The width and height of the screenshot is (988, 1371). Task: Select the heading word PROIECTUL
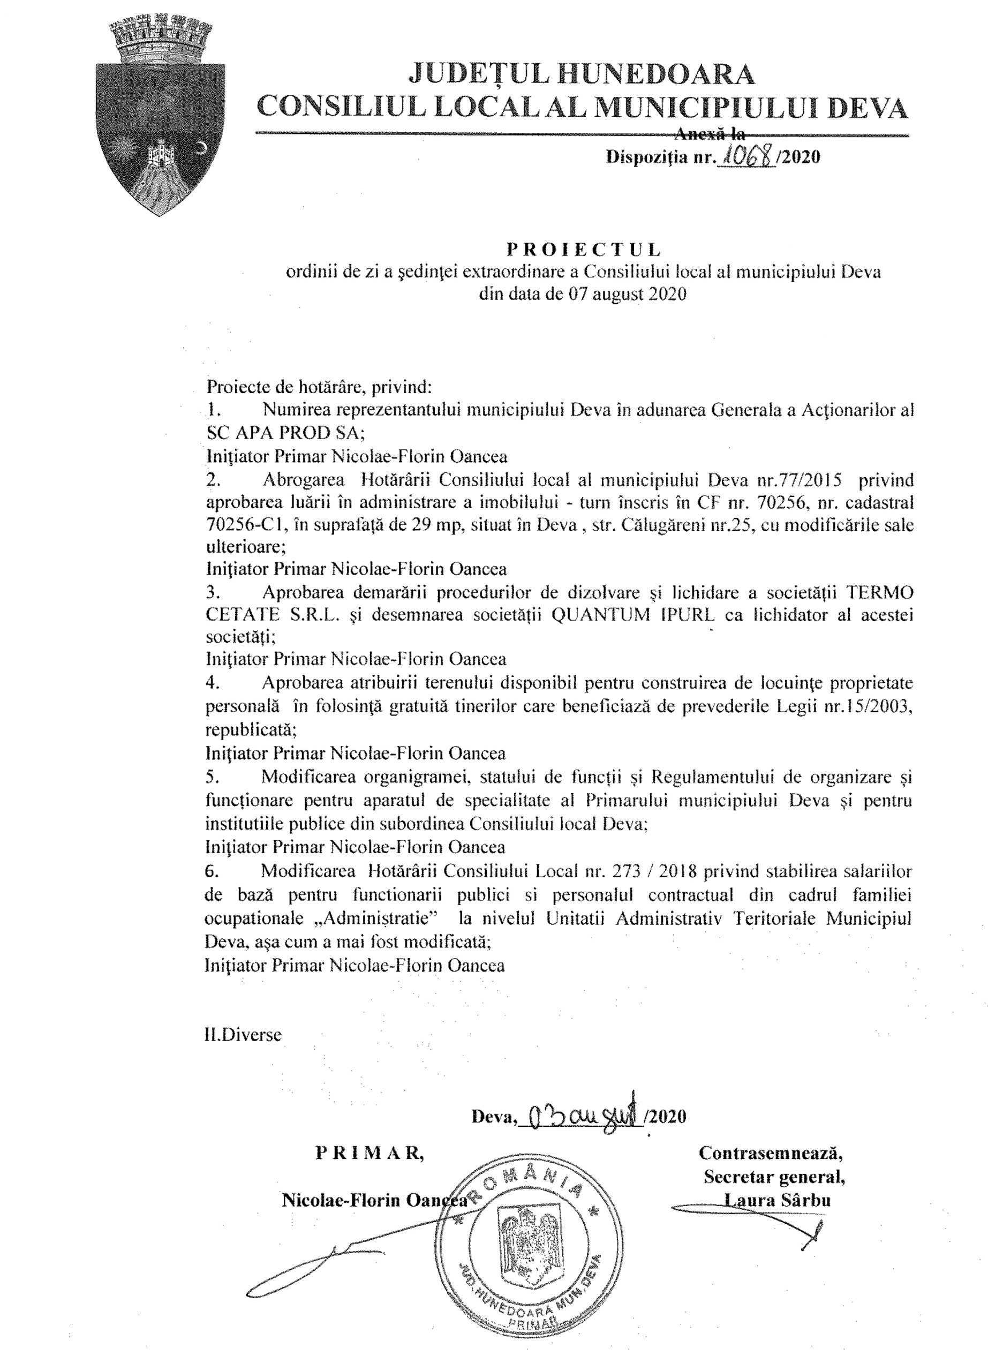pos(583,248)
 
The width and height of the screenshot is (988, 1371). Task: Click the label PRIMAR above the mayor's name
pos(368,1153)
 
